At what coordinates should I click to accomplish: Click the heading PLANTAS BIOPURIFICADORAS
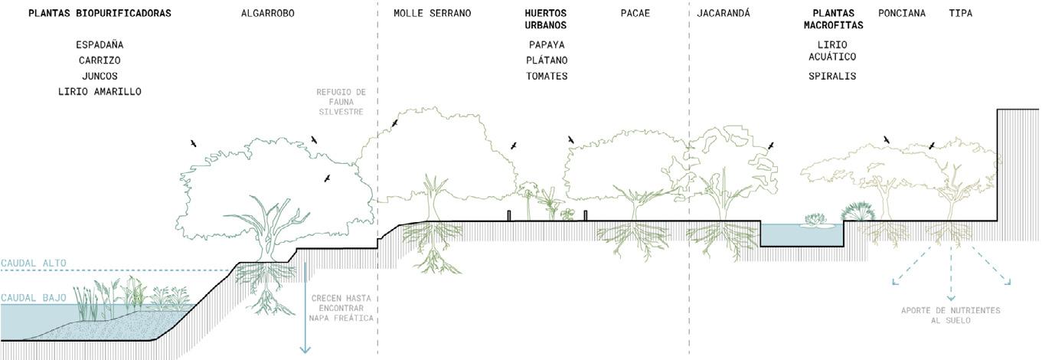tap(100, 13)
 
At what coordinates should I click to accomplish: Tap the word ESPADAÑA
tap(100, 45)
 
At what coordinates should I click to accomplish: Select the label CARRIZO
tap(100, 61)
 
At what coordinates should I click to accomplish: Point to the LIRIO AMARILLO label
tap(100, 92)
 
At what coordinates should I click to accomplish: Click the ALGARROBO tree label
tap(267, 13)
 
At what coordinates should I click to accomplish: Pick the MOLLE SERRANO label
tap(433, 13)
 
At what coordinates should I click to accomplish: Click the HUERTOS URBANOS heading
tap(546, 19)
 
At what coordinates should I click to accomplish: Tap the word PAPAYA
tap(547, 45)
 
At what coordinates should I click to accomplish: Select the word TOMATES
tap(547, 77)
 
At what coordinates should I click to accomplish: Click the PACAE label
tap(635, 13)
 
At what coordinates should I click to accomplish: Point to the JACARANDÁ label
tap(724, 13)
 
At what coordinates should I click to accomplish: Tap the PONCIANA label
tap(902, 13)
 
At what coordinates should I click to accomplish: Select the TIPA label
tap(960, 13)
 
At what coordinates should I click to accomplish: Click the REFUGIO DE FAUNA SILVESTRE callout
tap(341, 102)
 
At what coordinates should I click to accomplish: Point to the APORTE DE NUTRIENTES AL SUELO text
tap(950, 316)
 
